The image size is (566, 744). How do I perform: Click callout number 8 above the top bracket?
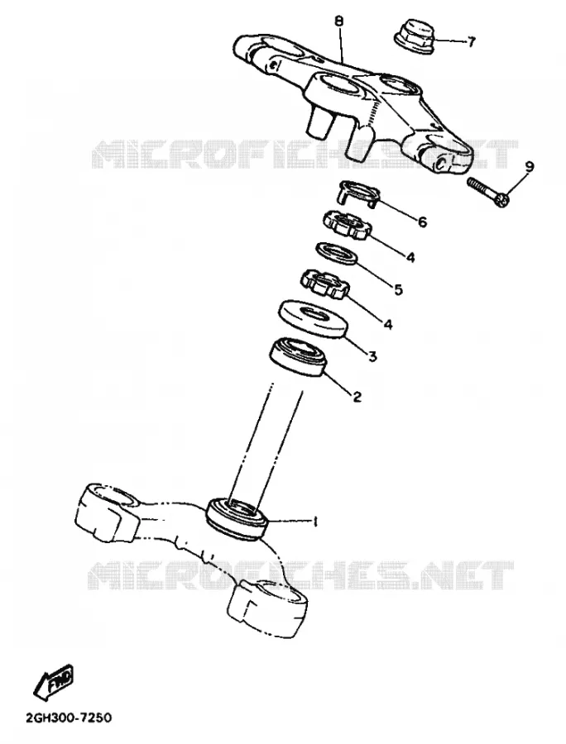339,21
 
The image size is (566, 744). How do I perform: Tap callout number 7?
470,42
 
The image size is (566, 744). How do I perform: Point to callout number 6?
422,221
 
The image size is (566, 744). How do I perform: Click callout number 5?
397,289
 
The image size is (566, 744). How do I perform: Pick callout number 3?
372,355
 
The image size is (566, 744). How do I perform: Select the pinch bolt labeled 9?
488,192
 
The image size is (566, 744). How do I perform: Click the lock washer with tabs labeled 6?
359,193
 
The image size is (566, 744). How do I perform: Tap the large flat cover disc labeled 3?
312,319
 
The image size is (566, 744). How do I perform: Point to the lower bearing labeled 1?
237,517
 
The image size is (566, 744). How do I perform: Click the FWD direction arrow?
53,681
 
